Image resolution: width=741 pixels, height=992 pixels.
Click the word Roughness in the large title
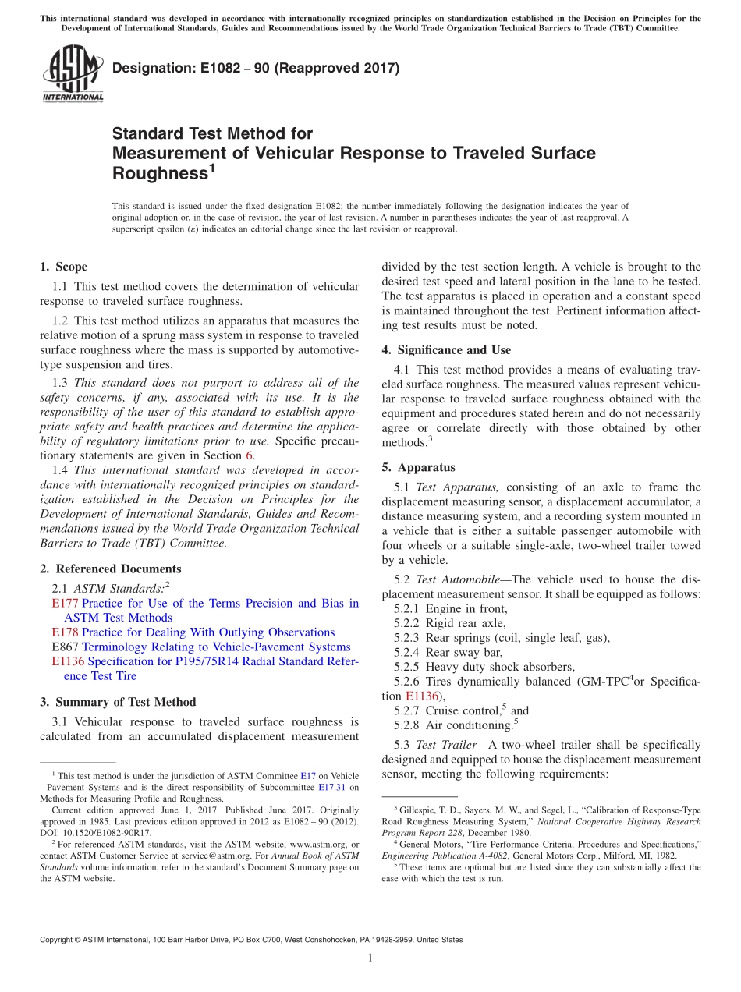[159, 173]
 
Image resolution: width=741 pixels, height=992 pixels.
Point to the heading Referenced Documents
[118, 569]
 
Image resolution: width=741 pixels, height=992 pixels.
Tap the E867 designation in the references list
[65, 647]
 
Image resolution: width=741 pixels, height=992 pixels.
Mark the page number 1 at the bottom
[370, 958]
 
